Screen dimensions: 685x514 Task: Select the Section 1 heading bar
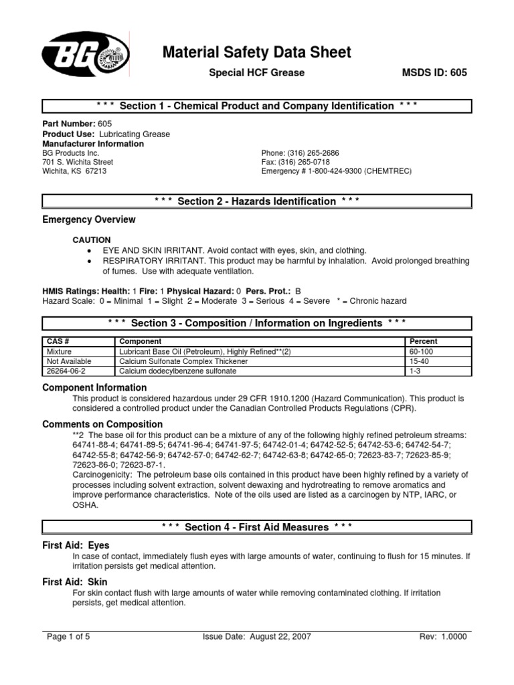coord(257,106)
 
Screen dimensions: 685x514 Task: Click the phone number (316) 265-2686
coord(300,153)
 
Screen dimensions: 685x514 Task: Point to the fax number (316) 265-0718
coord(295,162)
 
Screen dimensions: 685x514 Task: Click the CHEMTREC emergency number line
coord(336,171)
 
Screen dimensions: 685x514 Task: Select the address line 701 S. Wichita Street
coord(78,162)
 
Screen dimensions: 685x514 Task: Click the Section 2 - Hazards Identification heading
coord(257,201)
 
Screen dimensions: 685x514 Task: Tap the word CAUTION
coord(92,239)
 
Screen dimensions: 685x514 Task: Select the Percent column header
coord(423,341)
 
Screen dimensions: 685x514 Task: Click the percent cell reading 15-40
coord(419,361)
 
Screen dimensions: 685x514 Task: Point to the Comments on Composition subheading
coord(102,424)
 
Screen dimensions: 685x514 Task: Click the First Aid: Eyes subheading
coord(76,545)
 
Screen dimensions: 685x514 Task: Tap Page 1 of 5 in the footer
coord(68,637)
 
